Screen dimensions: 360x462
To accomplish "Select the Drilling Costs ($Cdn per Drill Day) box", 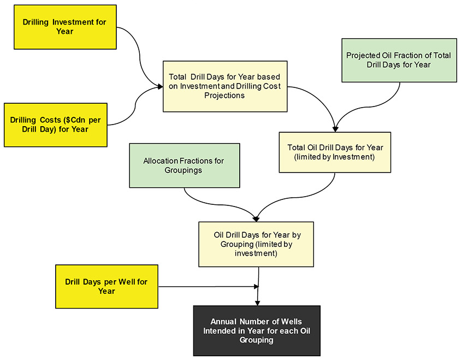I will [56, 125].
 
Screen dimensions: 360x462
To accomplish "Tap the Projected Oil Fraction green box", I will [399, 60].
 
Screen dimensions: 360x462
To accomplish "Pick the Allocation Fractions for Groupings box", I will [184, 166].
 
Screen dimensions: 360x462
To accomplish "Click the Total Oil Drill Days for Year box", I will [335, 152].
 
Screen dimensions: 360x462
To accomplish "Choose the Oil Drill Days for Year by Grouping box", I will [256, 244].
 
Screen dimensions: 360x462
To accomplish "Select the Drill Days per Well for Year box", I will [106, 286].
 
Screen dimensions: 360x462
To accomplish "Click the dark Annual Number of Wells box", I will [257, 331].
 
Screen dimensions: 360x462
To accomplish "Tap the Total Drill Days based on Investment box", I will [225, 86].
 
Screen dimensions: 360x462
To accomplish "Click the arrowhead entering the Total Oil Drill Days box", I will [335, 129].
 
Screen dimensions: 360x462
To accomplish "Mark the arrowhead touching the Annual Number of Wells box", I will [257, 303].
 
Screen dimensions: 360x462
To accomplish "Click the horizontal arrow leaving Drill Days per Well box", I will [208, 286].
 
